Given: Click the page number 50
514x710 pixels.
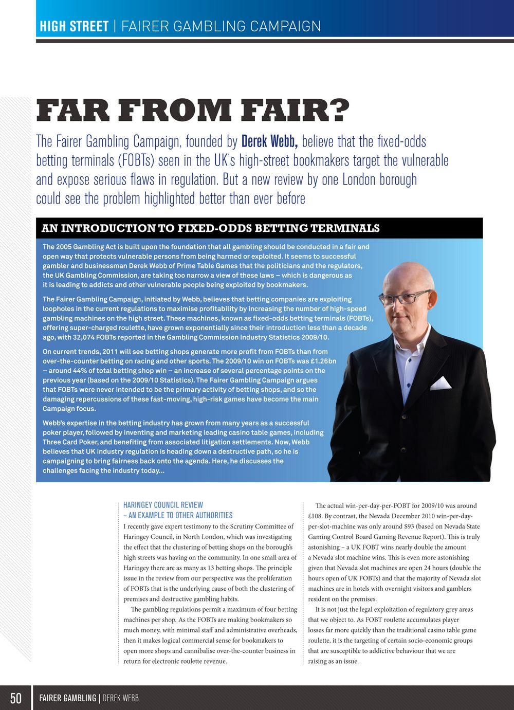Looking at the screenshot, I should tap(16, 698).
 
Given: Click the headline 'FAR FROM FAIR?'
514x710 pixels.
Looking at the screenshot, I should tap(193, 111).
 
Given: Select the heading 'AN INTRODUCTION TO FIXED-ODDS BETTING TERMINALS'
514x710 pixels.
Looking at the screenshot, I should tap(211, 228).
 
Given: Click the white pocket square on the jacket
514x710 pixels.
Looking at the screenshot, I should tap(441, 383).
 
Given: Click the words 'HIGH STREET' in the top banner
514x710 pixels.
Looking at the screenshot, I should tap(74, 26).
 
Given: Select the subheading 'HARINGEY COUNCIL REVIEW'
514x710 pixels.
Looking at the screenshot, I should tap(163, 505).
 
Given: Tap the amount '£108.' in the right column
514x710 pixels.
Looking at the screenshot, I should tap(315, 516).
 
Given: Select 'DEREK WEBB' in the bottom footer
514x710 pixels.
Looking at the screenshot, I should tap(121, 698).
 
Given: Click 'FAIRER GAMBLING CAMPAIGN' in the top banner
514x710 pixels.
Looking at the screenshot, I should tap(221, 26).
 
